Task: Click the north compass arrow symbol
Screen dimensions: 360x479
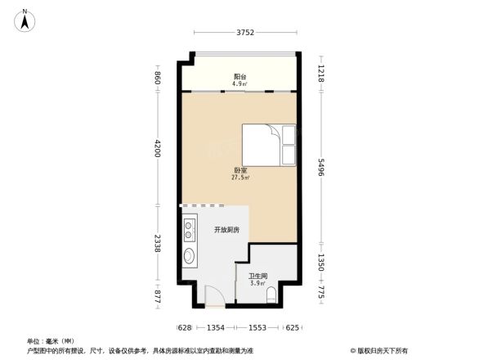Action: tap(26, 20)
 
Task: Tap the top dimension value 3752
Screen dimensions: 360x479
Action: tap(245, 33)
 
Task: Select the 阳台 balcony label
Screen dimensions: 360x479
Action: tap(239, 78)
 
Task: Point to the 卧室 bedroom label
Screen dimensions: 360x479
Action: tap(239, 172)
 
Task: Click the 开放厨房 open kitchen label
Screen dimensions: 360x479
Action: tap(226, 230)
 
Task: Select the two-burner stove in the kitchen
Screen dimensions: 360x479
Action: tap(190, 228)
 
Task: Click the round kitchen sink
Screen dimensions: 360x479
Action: tap(189, 257)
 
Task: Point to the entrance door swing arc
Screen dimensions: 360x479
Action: tap(212, 294)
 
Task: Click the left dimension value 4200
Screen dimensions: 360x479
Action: tap(159, 149)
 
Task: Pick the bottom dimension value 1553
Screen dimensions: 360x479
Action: tap(258, 327)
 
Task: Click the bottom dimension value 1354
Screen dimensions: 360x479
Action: tap(215, 327)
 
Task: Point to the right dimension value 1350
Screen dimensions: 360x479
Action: tap(321, 262)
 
